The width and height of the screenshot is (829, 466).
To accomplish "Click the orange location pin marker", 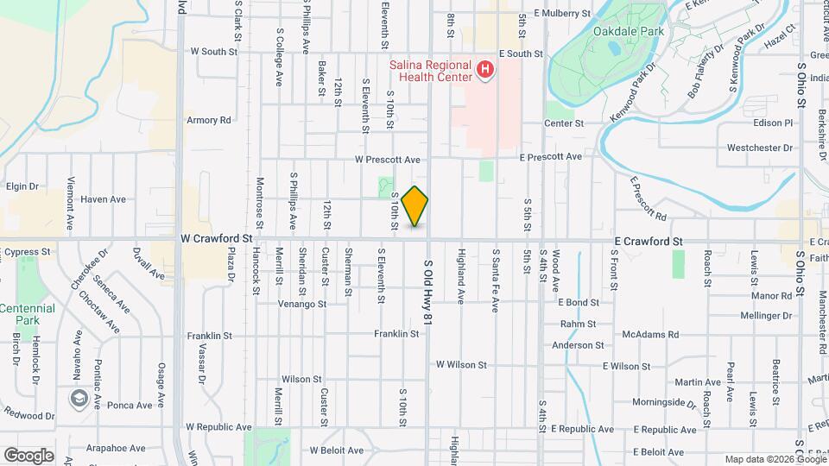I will [x=415, y=206].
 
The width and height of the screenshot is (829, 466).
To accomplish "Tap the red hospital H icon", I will [x=485, y=69].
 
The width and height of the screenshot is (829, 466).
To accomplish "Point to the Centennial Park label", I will [x=27, y=314].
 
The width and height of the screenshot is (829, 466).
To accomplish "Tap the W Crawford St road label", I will [x=216, y=236].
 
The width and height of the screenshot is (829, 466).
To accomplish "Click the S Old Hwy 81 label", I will [x=427, y=293].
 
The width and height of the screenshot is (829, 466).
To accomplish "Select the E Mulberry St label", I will [x=561, y=14].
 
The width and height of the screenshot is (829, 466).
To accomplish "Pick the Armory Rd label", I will [x=209, y=120].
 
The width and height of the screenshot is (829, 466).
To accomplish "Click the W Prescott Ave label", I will [x=387, y=160].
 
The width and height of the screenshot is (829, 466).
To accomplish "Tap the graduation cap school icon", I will [x=79, y=398].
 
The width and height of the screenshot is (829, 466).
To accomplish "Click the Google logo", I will [x=28, y=455].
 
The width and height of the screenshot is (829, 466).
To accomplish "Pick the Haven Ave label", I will [x=103, y=199].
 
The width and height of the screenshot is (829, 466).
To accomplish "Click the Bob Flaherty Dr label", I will [x=704, y=69].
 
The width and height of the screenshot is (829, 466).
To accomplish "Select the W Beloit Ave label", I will [x=339, y=450].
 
